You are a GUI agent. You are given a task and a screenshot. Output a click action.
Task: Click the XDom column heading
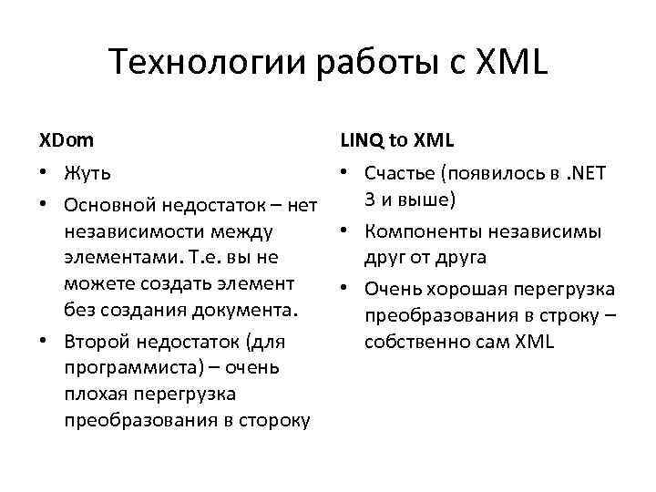[66, 141]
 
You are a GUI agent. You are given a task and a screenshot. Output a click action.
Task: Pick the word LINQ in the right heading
[363, 141]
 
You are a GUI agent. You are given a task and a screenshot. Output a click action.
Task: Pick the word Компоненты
[422, 231]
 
